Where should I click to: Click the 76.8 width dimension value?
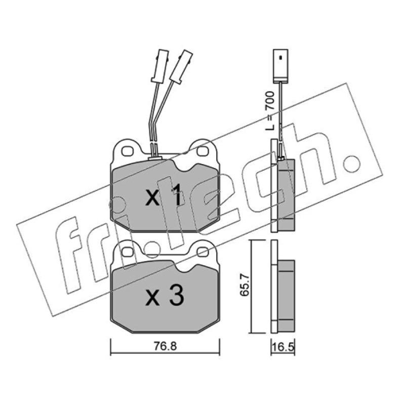tap(166, 346)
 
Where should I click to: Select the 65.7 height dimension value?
tap(245, 285)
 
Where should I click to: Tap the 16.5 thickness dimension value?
tap(283, 347)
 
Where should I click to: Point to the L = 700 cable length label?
tap(270, 110)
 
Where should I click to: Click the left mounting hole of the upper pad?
tap(128, 151)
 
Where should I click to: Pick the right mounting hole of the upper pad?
tap(202, 151)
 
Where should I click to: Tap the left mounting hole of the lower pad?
tap(128, 252)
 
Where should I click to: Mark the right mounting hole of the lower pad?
tap(202, 252)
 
